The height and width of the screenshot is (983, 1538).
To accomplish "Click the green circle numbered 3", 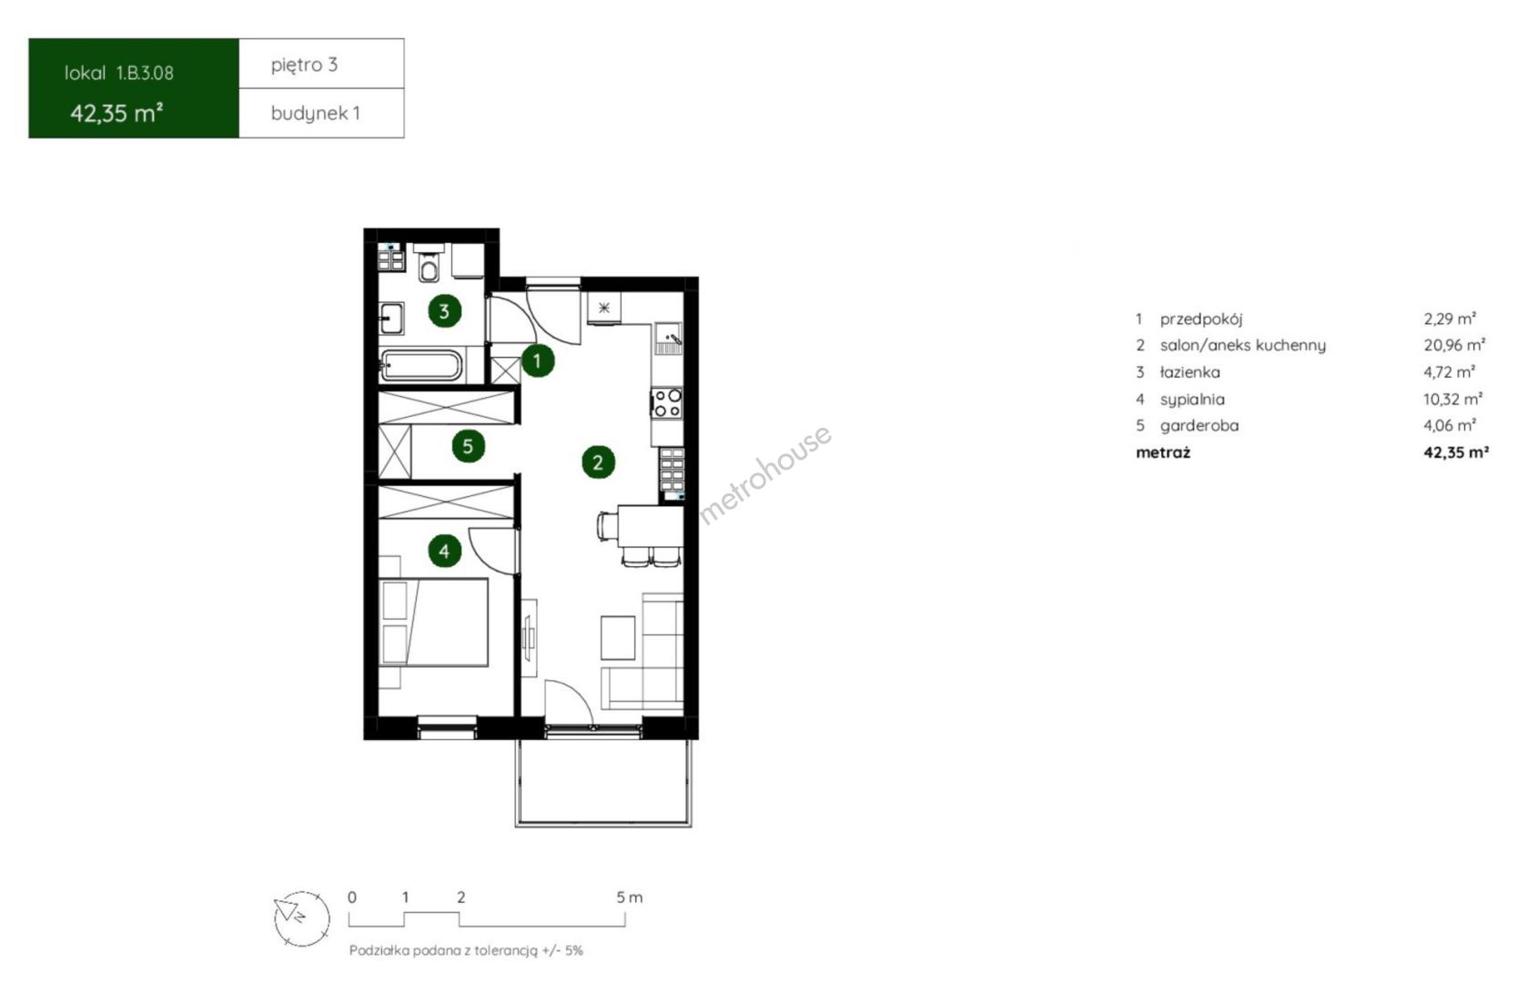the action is (x=444, y=311).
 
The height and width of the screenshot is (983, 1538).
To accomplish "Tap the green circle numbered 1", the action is (x=538, y=360).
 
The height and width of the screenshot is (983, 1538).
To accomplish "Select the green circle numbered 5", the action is (x=469, y=447).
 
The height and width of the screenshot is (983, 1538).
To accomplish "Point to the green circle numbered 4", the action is (x=444, y=551).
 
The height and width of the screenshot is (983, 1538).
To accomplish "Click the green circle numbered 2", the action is (x=598, y=462).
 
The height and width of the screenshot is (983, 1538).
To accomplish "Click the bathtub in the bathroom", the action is (x=421, y=366).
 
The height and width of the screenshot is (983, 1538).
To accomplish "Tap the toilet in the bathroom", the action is (x=430, y=263).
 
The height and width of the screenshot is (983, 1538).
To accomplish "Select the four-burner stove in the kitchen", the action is (x=667, y=402).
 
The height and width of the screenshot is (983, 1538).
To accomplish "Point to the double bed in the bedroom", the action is (x=433, y=623).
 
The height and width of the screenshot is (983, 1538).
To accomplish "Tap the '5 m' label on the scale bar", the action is (x=630, y=897).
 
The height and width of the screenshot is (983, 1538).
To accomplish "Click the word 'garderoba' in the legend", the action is (x=1199, y=426).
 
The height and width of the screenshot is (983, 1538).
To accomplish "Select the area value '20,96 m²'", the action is (x=1454, y=345).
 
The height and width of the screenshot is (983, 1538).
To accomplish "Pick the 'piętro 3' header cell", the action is (x=321, y=64).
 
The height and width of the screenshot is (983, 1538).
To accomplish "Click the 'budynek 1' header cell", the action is (x=321, y=114).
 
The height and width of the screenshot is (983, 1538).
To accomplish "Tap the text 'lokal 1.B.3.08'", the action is (x=119, y=73).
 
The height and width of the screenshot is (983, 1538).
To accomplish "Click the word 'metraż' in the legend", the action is (x=1163, y=452).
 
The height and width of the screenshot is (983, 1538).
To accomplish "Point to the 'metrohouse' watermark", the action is (x=765, y=475).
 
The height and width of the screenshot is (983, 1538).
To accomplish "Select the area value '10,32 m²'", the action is (x=1452, y=399).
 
